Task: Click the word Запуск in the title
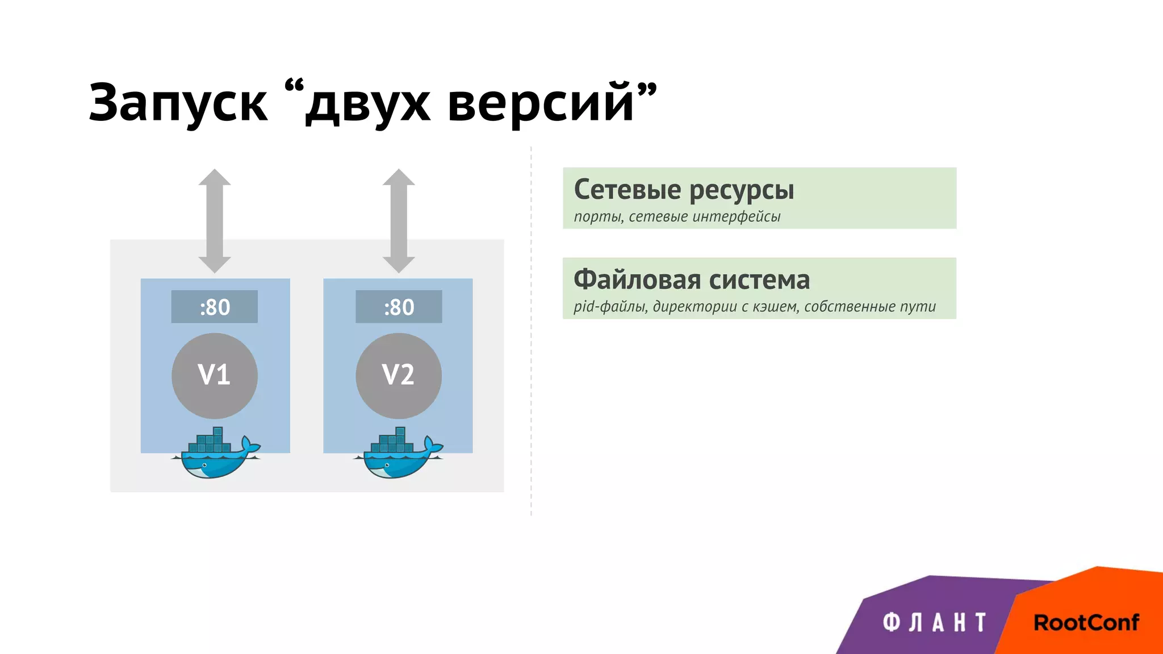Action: [x=178, y=103]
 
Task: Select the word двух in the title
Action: [x=367, y=104]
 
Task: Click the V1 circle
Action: [x=215, y=375]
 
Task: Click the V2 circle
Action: [x=399, y=375]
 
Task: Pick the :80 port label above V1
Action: [x=215, y=307]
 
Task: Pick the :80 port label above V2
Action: [x=399, y=307]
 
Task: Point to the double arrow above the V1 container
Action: [x=215, y=221]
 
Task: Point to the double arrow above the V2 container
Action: [x=399, y=221]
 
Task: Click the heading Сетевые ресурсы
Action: [x=684, y=190]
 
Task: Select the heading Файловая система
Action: [x=692, y=280]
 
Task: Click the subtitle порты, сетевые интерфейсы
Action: [x=677, y=217]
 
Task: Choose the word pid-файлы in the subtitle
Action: [x=610, y=307]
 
